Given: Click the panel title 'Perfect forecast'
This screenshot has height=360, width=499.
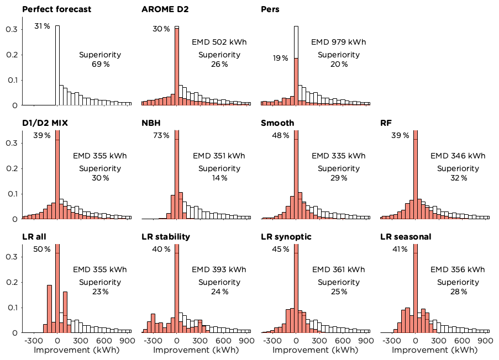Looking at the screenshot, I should [57, 9].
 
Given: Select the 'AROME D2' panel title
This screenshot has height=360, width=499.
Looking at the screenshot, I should [165, 9].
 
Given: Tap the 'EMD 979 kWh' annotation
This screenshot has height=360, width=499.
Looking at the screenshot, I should [338, 42].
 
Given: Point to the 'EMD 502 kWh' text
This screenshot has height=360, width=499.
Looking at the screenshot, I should [219, 42].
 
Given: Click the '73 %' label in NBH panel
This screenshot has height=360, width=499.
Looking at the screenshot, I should [161, 136].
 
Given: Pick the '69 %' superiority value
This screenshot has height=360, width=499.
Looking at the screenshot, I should [100, 64].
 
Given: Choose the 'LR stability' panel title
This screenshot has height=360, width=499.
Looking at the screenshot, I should [166, 237].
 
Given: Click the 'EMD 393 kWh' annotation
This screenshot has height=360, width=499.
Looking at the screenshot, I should [219, 270].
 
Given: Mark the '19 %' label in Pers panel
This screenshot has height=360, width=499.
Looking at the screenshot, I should [280, 58].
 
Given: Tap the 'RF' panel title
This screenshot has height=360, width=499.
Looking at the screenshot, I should [386, 123].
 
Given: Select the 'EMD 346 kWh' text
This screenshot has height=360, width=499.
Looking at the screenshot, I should [458, 156].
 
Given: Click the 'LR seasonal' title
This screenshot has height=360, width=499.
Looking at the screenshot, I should [406, 237].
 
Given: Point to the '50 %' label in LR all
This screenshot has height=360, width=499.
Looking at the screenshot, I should [42, 250].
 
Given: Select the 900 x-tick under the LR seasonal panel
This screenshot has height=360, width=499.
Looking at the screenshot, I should [485, 341].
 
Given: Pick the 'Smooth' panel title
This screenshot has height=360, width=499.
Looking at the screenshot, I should [277, 123].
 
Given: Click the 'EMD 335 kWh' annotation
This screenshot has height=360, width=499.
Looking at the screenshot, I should [338, 156].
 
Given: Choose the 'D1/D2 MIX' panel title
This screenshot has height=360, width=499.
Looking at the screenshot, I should [45, 123].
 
